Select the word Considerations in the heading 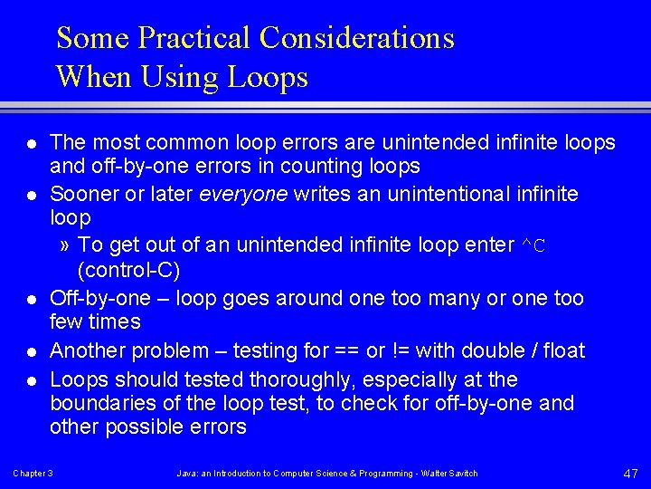pyautogui.click(x=356, y=38)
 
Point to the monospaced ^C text pyautogui.click(x=534, y=245)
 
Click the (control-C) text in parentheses pyautogui.click(x=129, y=270)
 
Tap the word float pyautogui.click(x=562, y=350)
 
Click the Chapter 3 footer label pyautogui.click(x=33, y=474)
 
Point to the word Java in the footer pyautogui.click(x=184, y=474)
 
